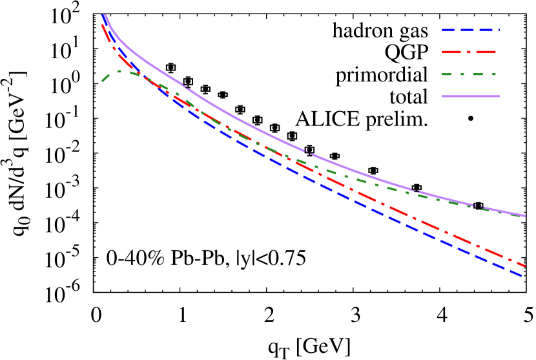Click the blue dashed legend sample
coord(470,30)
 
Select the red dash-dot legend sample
coord(469,52)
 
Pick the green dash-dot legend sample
coord(469,74)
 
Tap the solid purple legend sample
coord(470,96)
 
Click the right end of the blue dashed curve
coord(522,277)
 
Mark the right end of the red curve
coord(524,266)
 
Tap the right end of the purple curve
coord(525,216)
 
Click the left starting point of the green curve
coord(102,81)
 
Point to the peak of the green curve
coord(120,70)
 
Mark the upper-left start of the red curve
coord(102,26)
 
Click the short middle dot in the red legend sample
coord(469,52)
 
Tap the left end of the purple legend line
coord(443,96)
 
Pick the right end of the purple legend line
coord(499,96)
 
